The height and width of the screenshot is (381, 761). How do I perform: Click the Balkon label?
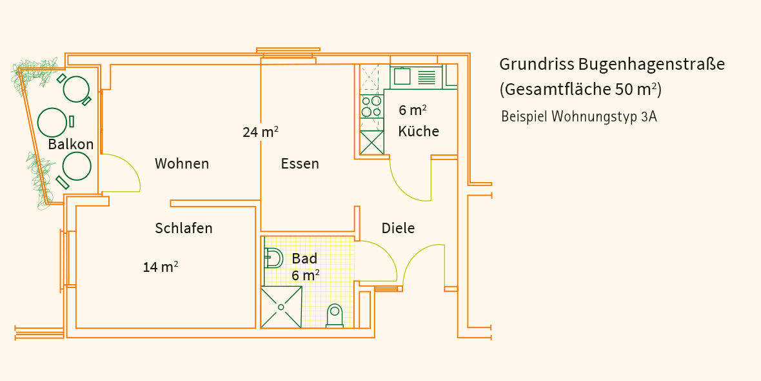point(71,145)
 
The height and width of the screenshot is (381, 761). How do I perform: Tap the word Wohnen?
point(182,164)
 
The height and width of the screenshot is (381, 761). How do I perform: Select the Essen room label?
point(300,164)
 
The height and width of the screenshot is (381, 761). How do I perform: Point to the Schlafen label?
point(184,228)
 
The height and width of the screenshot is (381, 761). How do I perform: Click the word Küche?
point(419,130)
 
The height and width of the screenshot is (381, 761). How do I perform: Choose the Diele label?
point(399,228)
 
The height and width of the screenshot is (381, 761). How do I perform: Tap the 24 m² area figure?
point(261,132)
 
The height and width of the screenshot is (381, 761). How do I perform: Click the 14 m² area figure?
point(161,267)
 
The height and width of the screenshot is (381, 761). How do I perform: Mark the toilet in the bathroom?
point(335,314)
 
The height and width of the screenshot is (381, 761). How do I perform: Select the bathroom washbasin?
point(273,258)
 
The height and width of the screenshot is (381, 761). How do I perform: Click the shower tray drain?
point(281,307)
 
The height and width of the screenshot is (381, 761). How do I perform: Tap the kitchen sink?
point(402,76)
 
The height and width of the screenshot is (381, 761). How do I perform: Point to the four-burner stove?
point(371,107)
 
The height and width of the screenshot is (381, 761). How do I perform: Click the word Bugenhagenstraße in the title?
point(651,65)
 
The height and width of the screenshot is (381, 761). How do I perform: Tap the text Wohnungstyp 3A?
point(604,117)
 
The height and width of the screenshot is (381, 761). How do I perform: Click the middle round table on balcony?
point(52,122)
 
